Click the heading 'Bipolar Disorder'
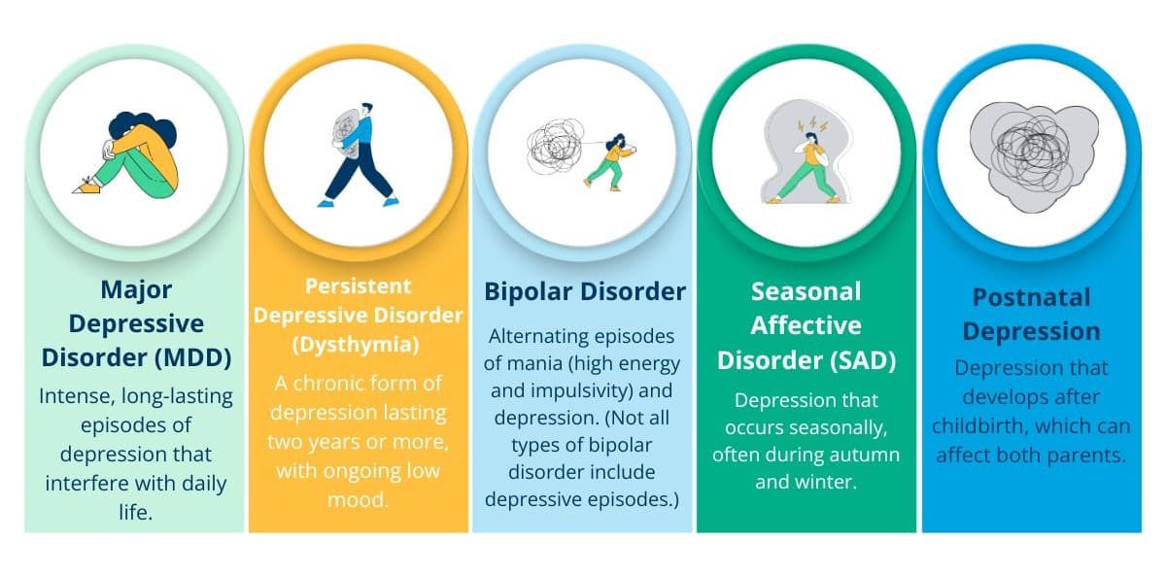point(585,291)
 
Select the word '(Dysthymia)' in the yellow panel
point(356,345)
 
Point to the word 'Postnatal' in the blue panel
point(1031,297)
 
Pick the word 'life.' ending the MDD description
point(136,512)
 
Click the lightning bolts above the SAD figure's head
point(812,124)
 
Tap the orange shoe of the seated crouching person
point(86,186)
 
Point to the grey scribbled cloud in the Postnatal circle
point(1033,155)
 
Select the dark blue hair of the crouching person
point(142,127)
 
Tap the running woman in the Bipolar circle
point(611,162)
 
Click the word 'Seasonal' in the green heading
point(806,292)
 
